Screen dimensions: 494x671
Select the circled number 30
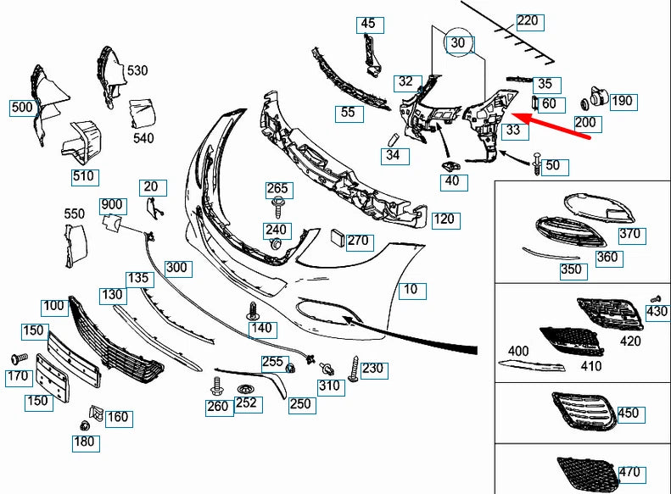point(458,42)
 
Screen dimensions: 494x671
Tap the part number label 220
point(528,20)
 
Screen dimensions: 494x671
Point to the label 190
point(622,101)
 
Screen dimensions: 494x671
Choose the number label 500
point(22,108)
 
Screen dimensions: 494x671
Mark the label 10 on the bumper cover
point(411,290)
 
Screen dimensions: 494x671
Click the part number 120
point(444,219)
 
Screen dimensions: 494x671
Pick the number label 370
point(631,235)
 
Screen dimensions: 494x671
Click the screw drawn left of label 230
point(352,369)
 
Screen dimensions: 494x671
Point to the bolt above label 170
point(18,358)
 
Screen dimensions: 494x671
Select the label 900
point(112,205)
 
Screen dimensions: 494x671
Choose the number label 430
point(657,312)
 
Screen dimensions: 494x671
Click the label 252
point(246,404)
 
